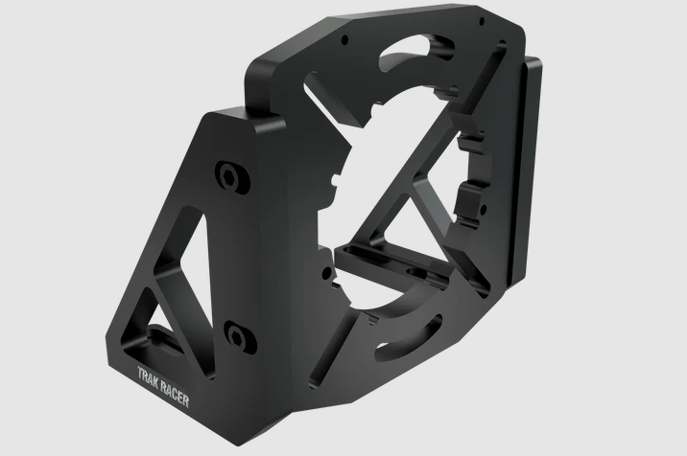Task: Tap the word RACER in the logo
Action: pos(175,393)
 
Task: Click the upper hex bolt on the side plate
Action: pos(232,177)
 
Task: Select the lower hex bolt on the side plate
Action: pos(240,336)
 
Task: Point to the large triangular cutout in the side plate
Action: pos(193,254)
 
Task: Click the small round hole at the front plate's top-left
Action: pos(344,40)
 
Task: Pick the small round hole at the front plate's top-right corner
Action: pos(482,20)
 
